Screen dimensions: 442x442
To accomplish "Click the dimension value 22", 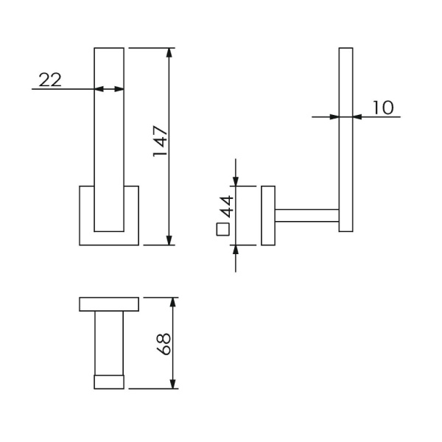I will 50,80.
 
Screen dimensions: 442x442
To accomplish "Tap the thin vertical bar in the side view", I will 346,140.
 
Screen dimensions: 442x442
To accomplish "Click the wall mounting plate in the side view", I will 267,215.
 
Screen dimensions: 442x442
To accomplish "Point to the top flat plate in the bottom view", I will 109,304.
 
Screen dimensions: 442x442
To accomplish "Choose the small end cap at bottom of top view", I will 109,382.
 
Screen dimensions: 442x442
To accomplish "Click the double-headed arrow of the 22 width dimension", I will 109,89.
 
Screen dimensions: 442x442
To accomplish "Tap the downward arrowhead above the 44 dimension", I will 236,180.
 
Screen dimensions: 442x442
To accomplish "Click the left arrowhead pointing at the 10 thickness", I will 334,116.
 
